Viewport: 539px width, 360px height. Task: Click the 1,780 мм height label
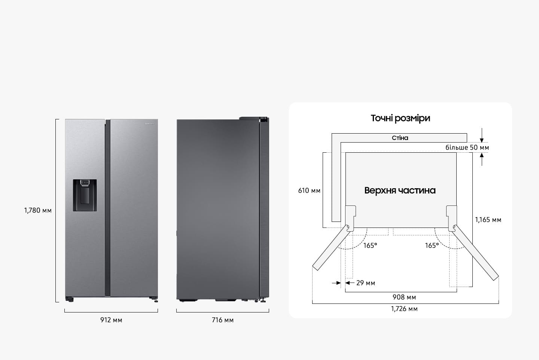(x=38, y=210)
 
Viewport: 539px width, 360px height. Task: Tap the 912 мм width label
(x=111, y=320)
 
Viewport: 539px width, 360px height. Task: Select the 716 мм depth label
(x=223, y=320)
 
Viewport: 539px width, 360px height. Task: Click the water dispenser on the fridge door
(x=85, y=195)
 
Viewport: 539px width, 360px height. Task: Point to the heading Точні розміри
(x=401, y=118)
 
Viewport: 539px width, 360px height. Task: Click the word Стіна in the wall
(x=400, y=138)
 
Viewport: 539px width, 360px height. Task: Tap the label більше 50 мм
(x=467, y=147)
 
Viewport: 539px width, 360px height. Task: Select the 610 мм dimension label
(x=309, y=190)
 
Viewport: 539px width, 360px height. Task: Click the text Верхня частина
(x=400, y=190)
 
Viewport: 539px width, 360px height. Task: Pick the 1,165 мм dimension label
(x=488, y=220)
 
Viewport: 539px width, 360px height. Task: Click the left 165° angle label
(x=370, y=245)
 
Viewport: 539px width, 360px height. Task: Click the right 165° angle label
(x=432, y=245)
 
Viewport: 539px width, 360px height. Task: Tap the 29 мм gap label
(x=365, y=283)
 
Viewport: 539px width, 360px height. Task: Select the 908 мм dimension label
(x=404, y=297)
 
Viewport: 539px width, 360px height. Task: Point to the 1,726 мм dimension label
(x=404, y=309)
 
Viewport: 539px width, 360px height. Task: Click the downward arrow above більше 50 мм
(x=482, y=135)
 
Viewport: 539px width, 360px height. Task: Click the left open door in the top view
(x=331, y=248)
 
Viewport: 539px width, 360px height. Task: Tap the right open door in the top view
(x=476, y=253)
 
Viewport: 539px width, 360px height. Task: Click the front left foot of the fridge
(x=70, y=300)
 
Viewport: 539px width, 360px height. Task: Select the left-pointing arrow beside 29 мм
(x=350, y=283)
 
